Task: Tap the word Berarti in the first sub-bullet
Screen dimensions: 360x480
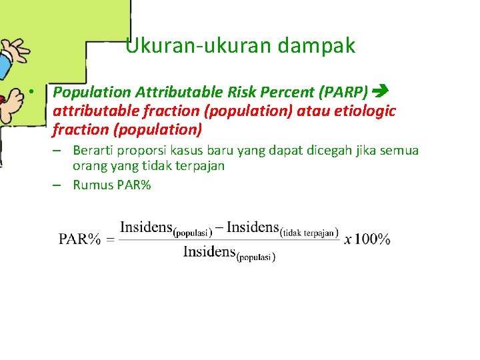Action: click(94, 150)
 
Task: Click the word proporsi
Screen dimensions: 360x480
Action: click(145, 150)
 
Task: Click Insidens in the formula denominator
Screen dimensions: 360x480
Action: click(209, 252)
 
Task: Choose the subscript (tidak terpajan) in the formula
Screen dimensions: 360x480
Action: click(309, 233)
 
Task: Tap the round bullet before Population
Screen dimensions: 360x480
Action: click(31, 91)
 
